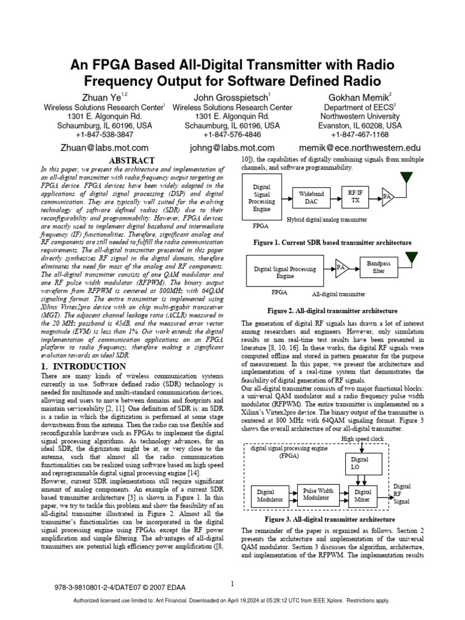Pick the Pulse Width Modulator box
(x=318, y=493)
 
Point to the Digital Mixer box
(x=363, y=496)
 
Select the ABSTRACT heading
(x=132, y=160)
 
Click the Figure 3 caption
(x=330, y=519)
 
